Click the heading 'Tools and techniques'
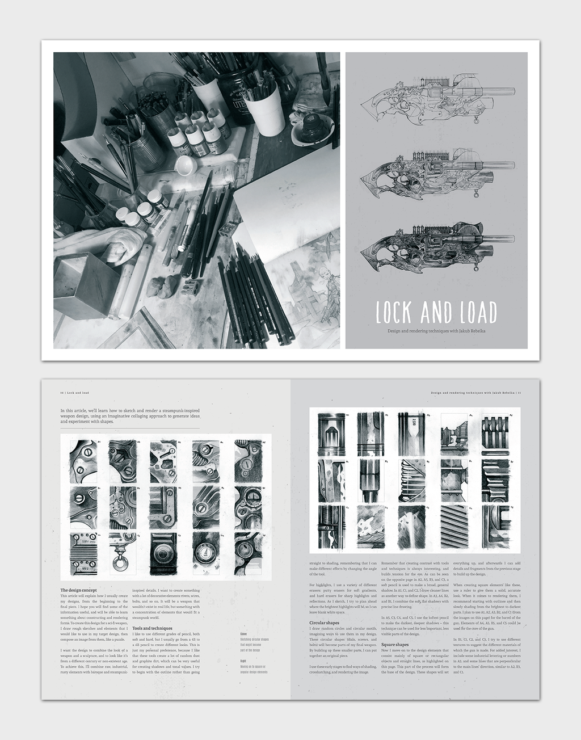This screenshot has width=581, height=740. [x=153, y=629]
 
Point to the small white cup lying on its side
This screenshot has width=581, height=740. [x=186, y=166]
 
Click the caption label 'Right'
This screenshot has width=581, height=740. [x=243, y=661]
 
